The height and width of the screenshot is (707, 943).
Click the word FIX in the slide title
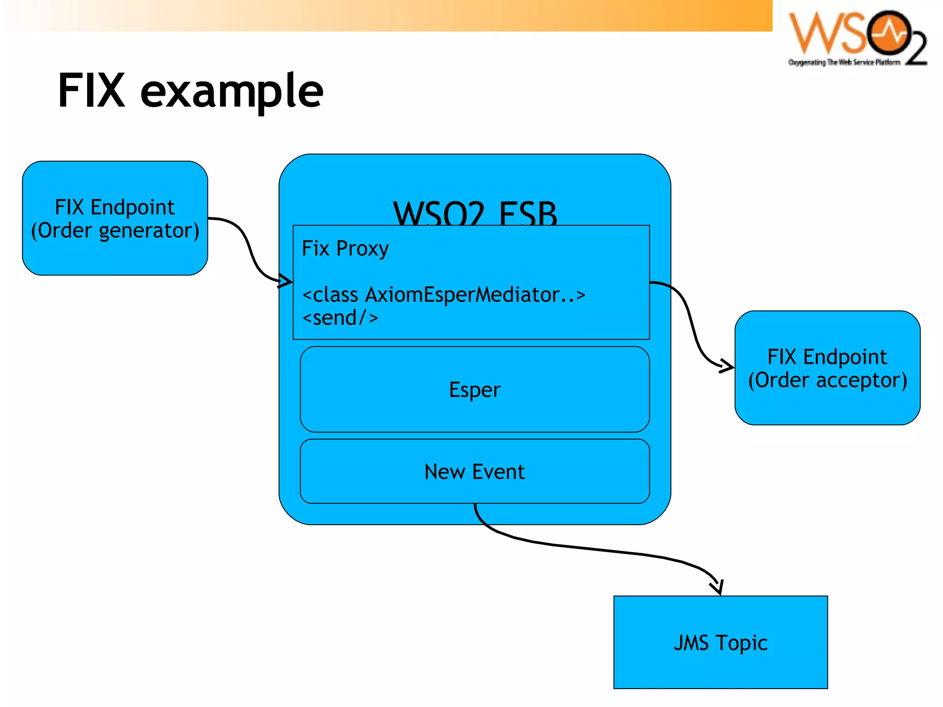pyautogui.click(x=91, y=91)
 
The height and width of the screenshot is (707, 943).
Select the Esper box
pyautogui.click(x=474, y=390)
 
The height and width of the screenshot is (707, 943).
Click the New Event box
pyautogui.click(x=474, y=472)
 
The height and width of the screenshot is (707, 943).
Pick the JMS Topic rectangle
pyautogui.click(x=720, y=642)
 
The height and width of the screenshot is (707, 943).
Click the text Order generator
pyautogui.click(x=115, y=230)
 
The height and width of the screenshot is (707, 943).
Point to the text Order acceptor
pyautogui.click(x=827, y=380)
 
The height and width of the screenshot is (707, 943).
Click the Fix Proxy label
pyautogui.click(x=345, y=248)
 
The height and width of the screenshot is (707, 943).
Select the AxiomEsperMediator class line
pyautogui.click(x=443, y=295)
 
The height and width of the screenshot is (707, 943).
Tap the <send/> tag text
pyautogui.click(x=340, y=318)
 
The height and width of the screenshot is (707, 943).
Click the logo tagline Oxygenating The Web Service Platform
pyautogui.click(x=844, y=62)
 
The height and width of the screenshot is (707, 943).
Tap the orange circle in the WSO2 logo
pyautogui.click(x=887, y=33)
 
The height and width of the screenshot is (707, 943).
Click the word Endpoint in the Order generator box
pyautogui.click(x=132, y=207)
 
